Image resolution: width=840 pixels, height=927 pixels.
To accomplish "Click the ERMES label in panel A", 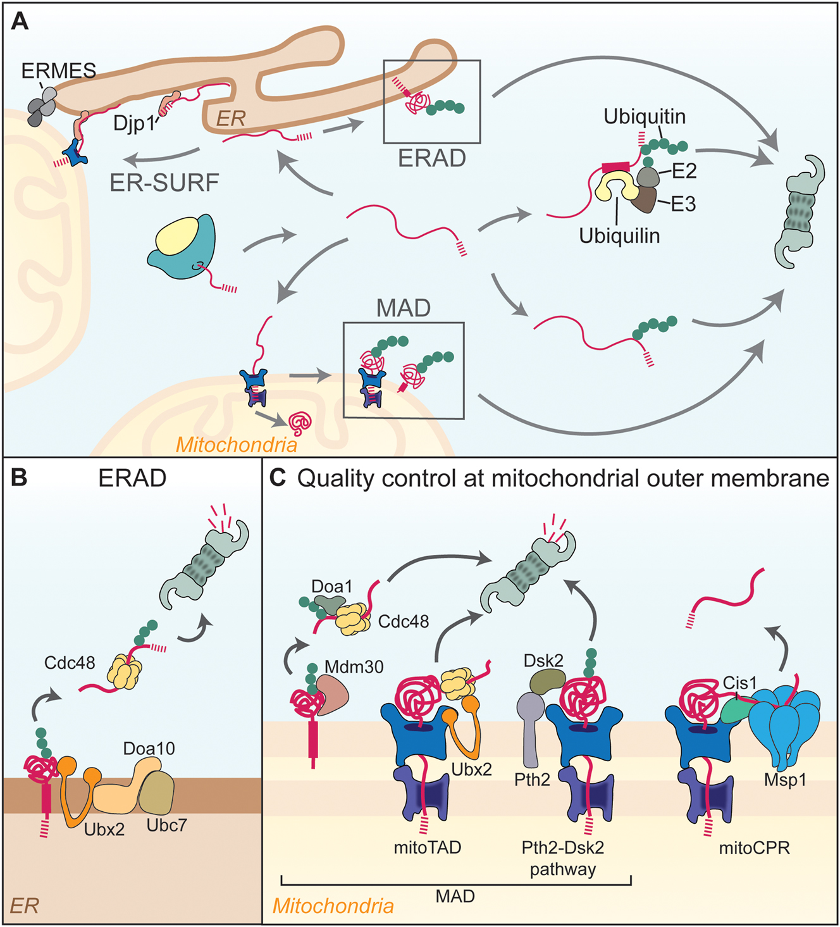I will pyautogui.click(x=59, y=70).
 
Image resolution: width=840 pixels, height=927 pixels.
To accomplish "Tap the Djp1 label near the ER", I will pyautogui.click(x=133, y=123).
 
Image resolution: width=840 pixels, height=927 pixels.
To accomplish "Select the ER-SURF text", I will pyautogui.click(x=164, y=183).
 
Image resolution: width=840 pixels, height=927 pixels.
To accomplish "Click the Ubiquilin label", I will pyautogui.click(x=619, y=236).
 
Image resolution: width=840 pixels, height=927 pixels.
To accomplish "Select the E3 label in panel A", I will pyautogui.click(x=682, y=204).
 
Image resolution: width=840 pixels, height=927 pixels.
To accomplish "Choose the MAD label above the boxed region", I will pyautogui.click(x=403, y=308).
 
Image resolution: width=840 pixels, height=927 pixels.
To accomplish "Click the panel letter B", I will pyautogui.click(x=20, y=477).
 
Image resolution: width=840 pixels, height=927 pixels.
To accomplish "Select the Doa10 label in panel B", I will pyautogui.click(x=149, y=749).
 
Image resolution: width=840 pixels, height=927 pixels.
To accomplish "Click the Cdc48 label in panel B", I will pyautogui.click(x=70, y=663).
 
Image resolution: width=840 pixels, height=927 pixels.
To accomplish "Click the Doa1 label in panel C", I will pyautogui.click(x=331, y=587).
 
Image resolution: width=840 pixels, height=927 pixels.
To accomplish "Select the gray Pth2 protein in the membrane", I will pyautogui.click(x=530, y=728).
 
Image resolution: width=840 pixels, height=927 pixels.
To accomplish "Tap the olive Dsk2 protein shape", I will pyautogui.click(x=547, y=681).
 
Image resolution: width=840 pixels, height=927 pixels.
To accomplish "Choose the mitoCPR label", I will pyautogui.click(x=754, y=847).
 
